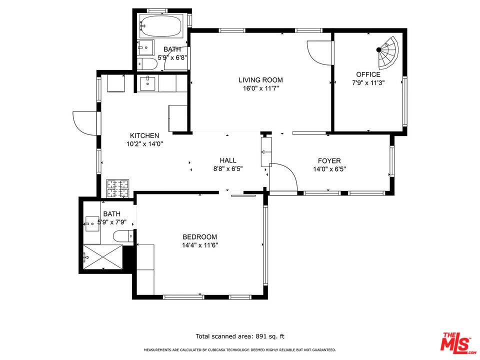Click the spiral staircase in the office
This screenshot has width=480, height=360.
point(388,52)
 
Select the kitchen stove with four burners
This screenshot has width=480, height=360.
point(118,188)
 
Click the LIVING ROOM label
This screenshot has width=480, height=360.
point(260,80)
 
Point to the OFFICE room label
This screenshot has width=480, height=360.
point(368,74)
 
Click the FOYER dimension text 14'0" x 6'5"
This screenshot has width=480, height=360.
point(329,169)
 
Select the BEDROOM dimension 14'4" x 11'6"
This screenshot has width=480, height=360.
point(199,245)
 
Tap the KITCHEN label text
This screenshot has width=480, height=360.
point(144,135)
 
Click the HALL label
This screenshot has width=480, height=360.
point(228,160)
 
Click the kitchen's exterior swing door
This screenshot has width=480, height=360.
point(85,123)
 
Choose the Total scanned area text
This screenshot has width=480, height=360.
point(239,336)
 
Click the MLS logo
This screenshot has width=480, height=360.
point(456,342)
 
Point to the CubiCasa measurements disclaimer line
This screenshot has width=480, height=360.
point(239,350)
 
